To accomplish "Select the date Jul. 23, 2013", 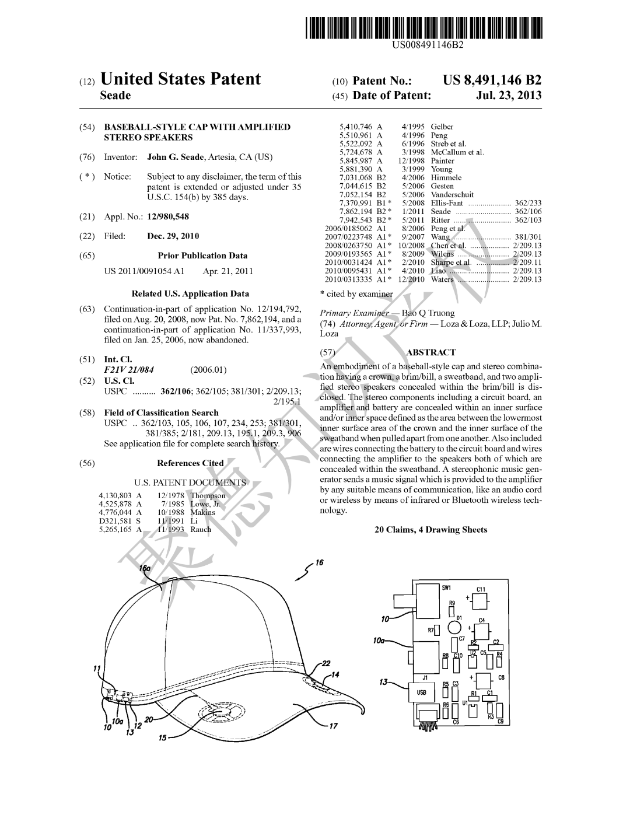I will click(509, 96).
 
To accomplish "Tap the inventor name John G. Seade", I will click(175, 157).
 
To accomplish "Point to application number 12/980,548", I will click(168, 217).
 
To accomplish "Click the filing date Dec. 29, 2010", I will click(173, 236).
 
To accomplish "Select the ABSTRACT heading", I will click(430, 352).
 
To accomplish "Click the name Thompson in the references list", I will click(208, 496).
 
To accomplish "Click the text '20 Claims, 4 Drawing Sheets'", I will click(430, 530).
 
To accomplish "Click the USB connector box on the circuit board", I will click(422, 692).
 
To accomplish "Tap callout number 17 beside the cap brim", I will click(333, 726).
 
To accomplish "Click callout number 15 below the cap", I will click(163, 738).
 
